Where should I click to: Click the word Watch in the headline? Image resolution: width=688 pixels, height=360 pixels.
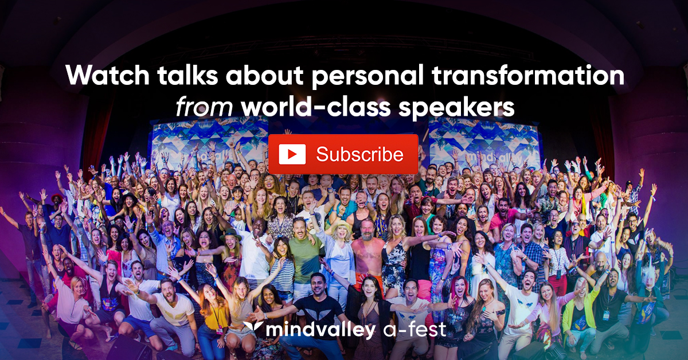click(108, 75)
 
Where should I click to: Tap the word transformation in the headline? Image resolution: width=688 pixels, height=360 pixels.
click(527, 75)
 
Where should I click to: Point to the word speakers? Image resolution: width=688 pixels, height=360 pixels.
click(456, 108)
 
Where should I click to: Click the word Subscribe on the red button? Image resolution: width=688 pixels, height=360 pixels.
click(359, 154)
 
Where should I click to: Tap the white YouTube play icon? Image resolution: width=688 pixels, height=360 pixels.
click(292, 154)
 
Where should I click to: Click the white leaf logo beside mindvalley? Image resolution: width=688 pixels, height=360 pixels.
click(252, 326)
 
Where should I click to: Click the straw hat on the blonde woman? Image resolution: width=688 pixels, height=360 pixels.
click(340, 226)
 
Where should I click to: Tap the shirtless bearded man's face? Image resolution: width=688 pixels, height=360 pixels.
click(368, 230)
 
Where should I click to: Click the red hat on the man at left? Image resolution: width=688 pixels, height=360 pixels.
click(57, 197)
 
